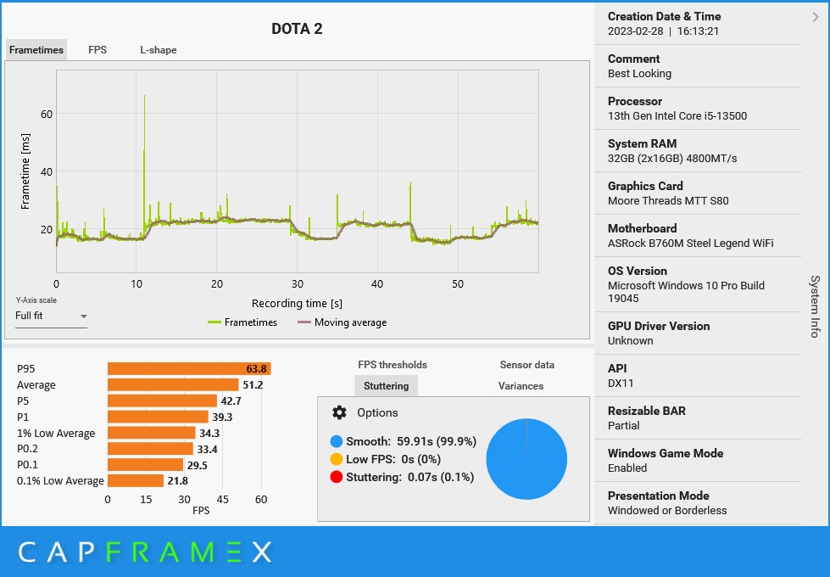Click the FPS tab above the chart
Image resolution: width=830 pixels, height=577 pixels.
coord(97,50)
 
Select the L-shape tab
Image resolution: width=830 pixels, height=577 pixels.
coord(159,50)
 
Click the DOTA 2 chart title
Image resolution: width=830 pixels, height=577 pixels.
coord(297,29)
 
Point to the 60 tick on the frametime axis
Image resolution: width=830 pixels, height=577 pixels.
coord(47,114)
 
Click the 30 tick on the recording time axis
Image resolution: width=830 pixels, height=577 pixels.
coord(298,283)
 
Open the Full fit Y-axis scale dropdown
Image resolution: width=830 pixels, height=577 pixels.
coord(52,316)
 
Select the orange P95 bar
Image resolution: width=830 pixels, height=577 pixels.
coord(188,369)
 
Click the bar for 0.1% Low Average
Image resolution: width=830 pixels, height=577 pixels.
coord(136,481)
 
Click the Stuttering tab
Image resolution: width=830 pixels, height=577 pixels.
coord(386,386)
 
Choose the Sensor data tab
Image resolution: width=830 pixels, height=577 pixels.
coord(526,365)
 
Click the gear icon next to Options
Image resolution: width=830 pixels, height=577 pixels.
coord(340,412)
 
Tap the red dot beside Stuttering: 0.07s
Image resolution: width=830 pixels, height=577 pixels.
coord(337,477)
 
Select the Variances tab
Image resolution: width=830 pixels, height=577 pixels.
coord(521,386)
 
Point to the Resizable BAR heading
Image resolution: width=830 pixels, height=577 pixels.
coord(647,411)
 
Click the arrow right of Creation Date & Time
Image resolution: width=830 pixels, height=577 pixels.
coord(816,16)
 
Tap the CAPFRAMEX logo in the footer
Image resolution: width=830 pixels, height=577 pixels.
coord(144,553)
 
